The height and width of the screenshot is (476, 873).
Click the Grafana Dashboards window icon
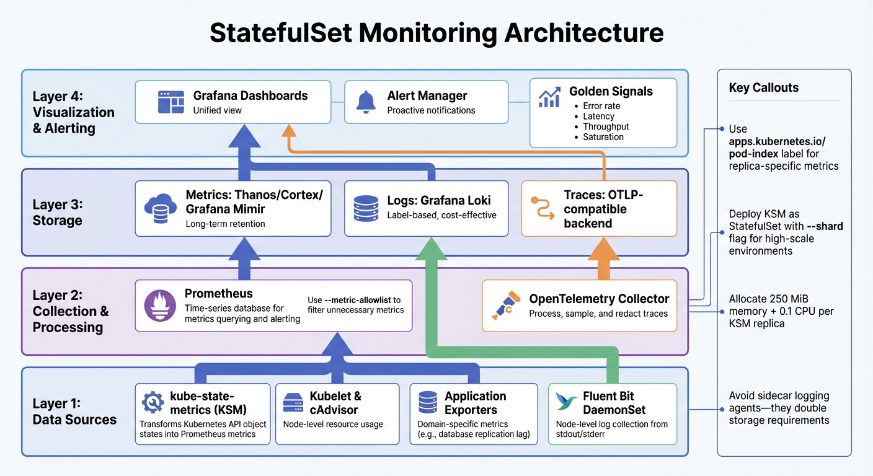171,102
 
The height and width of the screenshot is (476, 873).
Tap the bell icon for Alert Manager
366,102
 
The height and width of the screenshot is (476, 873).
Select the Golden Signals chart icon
549,97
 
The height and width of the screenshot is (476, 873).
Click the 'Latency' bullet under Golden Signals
598,117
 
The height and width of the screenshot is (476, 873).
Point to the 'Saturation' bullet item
603,137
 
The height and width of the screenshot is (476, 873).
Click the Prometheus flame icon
160,306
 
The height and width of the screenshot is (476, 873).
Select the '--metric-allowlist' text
363,300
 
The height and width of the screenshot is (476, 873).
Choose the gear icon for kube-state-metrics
153,402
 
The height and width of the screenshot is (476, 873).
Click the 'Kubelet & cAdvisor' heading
335,403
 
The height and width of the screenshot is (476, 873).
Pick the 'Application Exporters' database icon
428,403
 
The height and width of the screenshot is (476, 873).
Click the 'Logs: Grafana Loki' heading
439,200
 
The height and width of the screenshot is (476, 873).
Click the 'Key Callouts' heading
763,88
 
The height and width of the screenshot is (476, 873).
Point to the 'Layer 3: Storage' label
57,213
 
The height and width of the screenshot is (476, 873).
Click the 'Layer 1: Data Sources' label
74,412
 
